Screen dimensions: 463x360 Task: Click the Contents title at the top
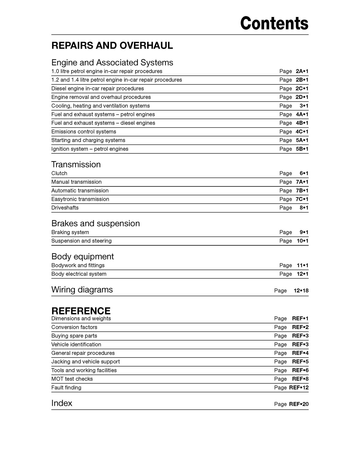274,23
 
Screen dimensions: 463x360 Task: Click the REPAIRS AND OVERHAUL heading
112,46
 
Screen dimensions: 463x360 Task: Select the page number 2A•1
302,71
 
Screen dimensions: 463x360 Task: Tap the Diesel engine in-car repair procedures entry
98,88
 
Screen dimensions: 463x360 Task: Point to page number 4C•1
302,132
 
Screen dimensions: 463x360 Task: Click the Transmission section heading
76,164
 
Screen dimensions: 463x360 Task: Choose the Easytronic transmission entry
80,199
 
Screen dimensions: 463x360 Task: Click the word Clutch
59,173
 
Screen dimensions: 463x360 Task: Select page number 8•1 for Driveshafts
304,208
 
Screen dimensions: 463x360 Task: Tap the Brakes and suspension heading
95,223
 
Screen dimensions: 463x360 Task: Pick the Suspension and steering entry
81,241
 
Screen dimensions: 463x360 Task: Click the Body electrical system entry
79,274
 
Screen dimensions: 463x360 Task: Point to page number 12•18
301,290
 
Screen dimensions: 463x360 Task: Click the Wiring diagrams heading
82,290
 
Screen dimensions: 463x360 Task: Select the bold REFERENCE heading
81,311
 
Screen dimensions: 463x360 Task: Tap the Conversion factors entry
74,327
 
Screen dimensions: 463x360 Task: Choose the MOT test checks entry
72,379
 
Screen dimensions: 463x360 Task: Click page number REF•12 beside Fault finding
299,387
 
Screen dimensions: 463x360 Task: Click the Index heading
62,403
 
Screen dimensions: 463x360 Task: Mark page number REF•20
299,404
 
